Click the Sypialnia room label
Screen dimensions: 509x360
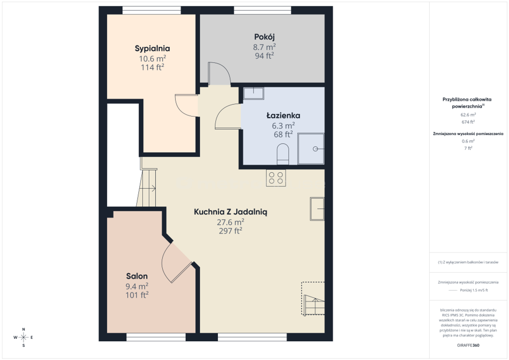pos(152,49)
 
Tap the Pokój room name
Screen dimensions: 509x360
pos(264,37)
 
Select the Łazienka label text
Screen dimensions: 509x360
pos(283,115)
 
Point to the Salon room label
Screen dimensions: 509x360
pos(137,276)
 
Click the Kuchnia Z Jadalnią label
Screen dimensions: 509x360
pos(230,212)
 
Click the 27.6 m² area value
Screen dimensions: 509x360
pos(230,222)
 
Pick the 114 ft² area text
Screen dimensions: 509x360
pos(152,67)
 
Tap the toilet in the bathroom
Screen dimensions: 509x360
pos(283,154)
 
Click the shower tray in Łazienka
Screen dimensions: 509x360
pos(311,149)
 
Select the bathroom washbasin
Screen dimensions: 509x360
pos(254,93)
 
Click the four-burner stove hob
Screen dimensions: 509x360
pos(276,178)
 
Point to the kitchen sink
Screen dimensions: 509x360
pos(317,209)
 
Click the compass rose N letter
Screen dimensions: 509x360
pos(23,329)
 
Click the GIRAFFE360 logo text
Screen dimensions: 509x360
pos(468,345)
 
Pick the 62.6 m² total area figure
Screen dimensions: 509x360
pos(468,115)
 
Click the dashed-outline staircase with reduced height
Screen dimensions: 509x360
pos(313,298)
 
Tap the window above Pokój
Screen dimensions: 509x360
pos(262,10)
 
